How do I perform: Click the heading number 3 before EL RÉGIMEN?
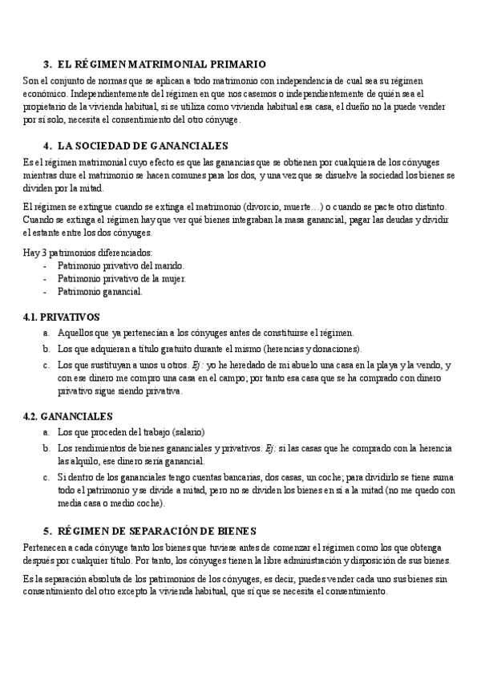coord(46,63)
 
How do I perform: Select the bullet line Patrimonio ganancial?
coord(100,291)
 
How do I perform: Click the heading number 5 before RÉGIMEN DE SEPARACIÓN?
coord(46,530)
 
